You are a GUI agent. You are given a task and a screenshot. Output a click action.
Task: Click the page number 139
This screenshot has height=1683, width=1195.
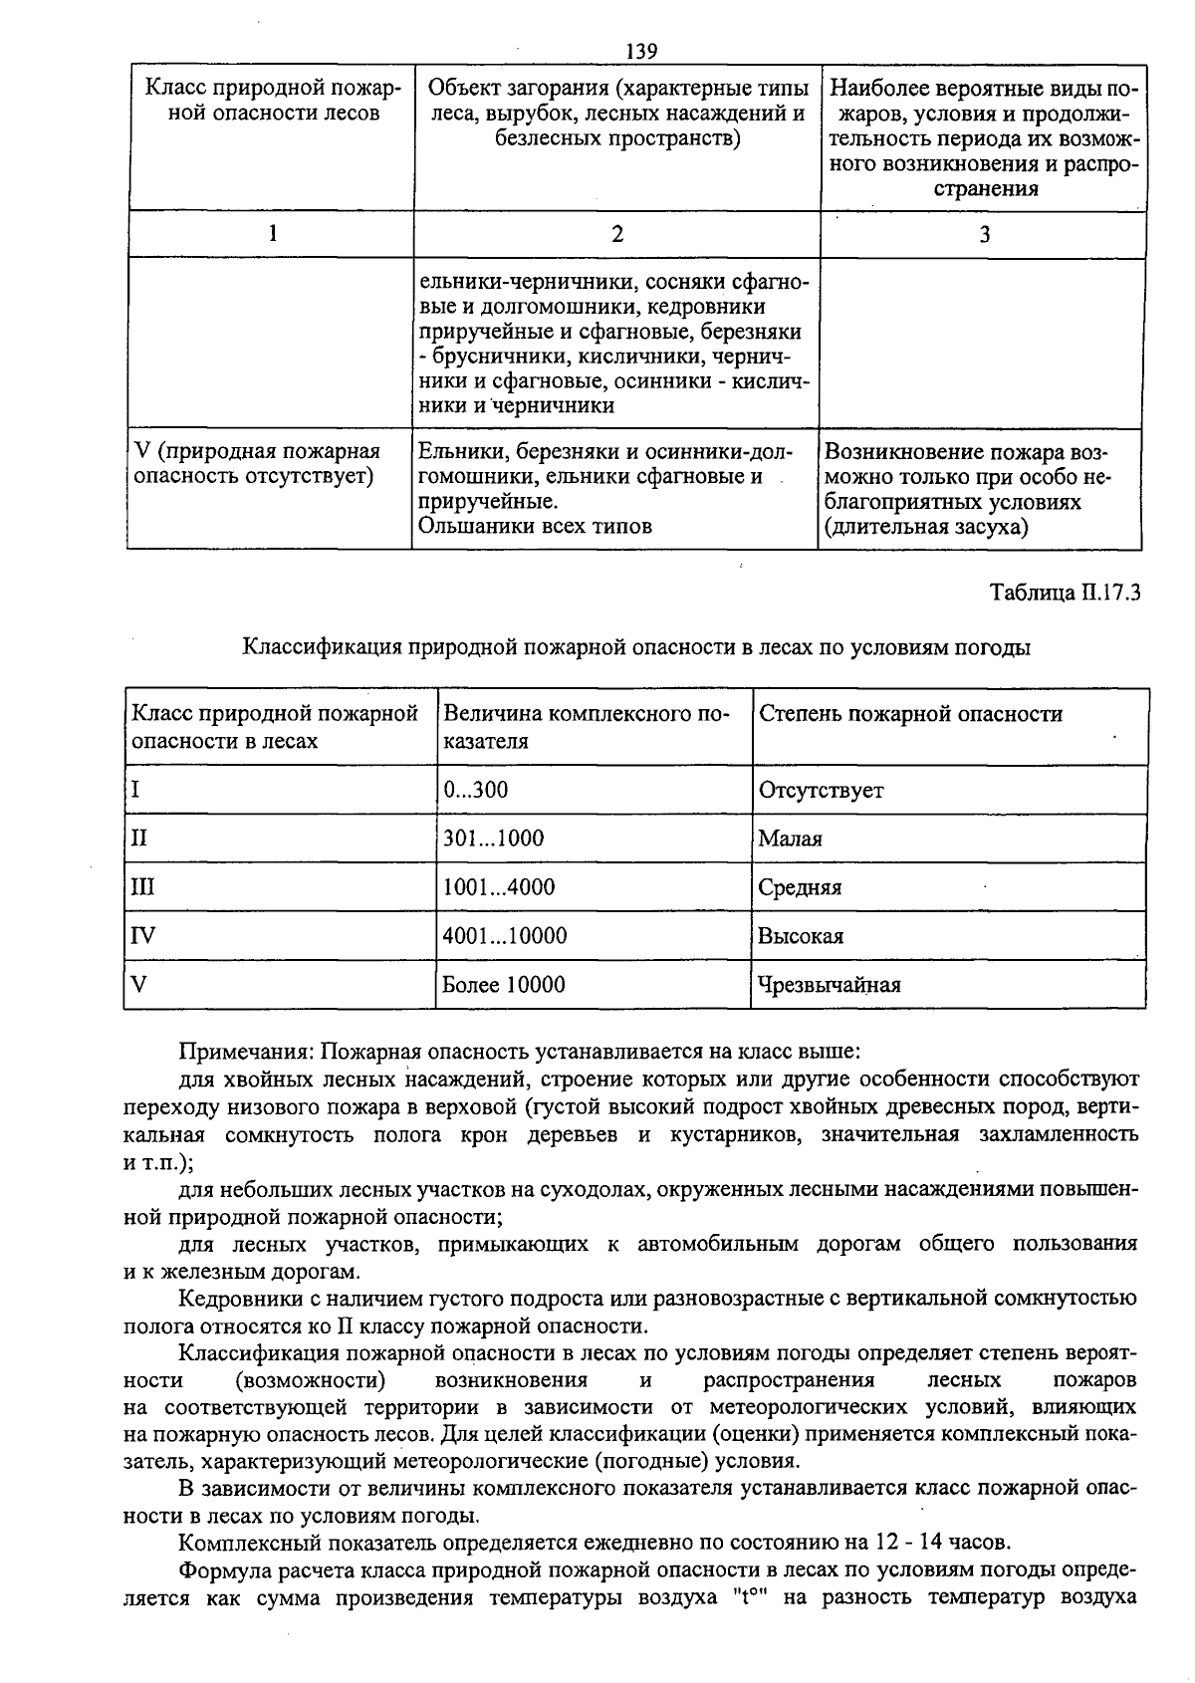[642, 51]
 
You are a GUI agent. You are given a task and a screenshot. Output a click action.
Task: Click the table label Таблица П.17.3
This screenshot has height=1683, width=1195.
[1065, 593]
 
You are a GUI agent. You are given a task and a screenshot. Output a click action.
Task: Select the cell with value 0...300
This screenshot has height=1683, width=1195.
[476, 791]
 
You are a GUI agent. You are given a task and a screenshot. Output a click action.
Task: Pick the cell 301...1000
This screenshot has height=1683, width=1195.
[494, 839]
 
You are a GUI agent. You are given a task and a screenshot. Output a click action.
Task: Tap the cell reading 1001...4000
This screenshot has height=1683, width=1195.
[499, 887]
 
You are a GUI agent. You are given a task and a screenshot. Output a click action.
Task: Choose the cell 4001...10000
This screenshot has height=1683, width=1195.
[505, 936]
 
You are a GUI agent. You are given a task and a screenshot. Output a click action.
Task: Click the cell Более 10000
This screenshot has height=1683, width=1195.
[504, 985]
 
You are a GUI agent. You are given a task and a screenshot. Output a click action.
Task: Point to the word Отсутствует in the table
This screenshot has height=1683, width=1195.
[821, 791]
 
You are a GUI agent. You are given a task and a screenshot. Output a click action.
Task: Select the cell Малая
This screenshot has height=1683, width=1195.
[791, 839]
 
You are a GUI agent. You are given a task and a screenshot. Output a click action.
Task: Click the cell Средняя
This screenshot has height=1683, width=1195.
[800, 887]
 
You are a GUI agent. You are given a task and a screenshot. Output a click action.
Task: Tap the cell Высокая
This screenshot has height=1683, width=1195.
[801, 936]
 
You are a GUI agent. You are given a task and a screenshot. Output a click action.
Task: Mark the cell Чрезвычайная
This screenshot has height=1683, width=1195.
[830, 985]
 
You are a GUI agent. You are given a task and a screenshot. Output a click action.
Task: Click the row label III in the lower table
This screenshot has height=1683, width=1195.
[143, 887]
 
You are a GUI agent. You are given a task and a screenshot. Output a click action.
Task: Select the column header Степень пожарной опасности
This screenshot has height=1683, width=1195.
[910, 714]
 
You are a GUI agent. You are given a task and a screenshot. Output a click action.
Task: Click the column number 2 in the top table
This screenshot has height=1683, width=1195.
[617, 234]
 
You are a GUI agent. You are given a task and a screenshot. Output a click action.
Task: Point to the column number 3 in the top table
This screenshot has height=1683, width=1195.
[984, 234]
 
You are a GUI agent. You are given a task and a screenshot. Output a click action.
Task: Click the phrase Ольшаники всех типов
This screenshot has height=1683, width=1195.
[535, 526]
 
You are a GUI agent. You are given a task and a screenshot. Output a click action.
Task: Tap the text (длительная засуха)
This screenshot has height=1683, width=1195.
[926, 526]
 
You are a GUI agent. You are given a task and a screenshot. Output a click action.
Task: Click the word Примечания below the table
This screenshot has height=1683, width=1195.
[245, 1052]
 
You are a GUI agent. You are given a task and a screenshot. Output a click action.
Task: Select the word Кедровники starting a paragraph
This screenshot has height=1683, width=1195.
[237, 1299]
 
